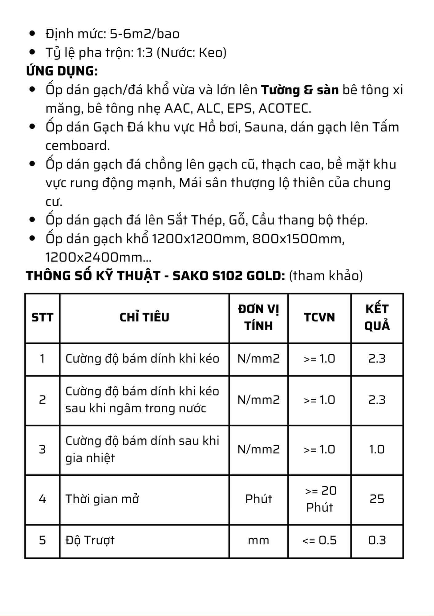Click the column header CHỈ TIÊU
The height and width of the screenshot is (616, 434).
click(x=144, y=317)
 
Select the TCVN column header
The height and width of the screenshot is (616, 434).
click(x=319, y=317)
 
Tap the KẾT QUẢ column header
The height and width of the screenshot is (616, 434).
click(x=377, y=317)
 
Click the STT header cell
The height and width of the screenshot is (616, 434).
click(x=42, y=317)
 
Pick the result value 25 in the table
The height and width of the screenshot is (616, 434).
click(x=377, y=499)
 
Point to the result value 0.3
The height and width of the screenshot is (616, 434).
click(x=377, y=540)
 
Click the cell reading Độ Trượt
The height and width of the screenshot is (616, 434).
click(x=90, y=540)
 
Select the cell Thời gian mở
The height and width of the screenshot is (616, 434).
click(x=102, y=499)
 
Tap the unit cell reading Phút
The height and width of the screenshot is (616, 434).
click(x=258, y=499)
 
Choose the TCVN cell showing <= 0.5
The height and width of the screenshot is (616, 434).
click(x=319, y=540)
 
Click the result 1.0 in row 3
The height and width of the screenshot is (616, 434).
click(x=377, y=449)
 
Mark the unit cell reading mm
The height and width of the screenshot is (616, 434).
click(x=258, y=540)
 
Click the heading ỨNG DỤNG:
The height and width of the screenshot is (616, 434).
click(x=62, y=71)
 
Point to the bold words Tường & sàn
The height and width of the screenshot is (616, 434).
click(x=300, y=90)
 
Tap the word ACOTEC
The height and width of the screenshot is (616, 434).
click(x=285, y=108)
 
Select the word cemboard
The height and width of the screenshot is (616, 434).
click(x=78, y=146)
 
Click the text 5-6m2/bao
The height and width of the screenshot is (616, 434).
click(x=144, y=34)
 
